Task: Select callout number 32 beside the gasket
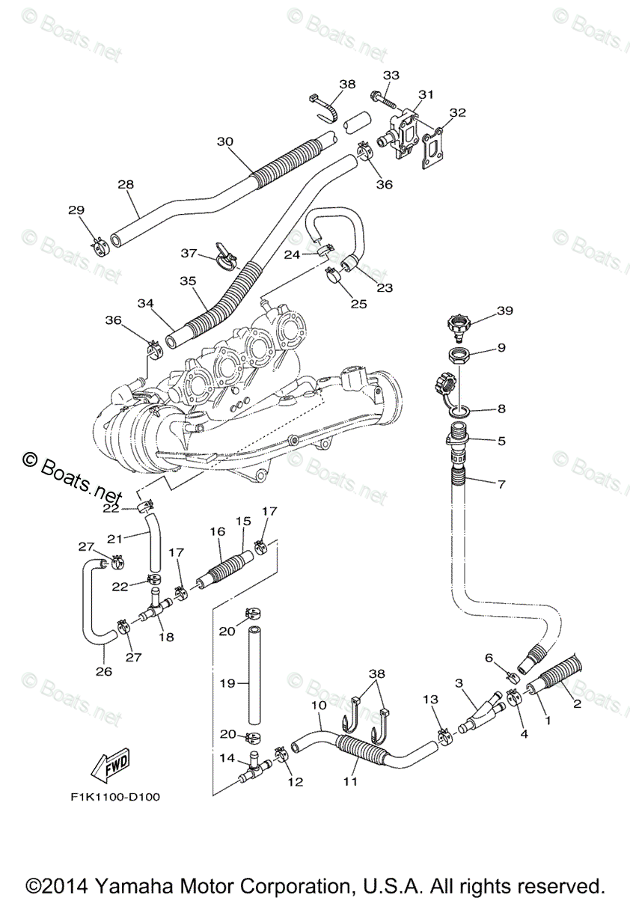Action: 458,113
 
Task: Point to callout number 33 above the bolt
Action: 391,76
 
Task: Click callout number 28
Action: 126,184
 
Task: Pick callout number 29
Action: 76,210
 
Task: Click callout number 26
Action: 103,671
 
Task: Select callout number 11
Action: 350,781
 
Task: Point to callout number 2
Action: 577,703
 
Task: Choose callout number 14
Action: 227,758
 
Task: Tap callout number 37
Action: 189,253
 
